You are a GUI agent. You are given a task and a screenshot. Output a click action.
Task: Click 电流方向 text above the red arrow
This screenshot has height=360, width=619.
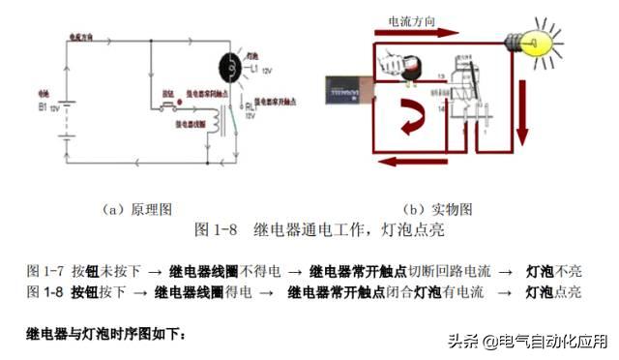[408, 18]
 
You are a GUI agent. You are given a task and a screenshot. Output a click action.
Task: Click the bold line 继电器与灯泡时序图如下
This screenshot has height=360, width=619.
[104, 334]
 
